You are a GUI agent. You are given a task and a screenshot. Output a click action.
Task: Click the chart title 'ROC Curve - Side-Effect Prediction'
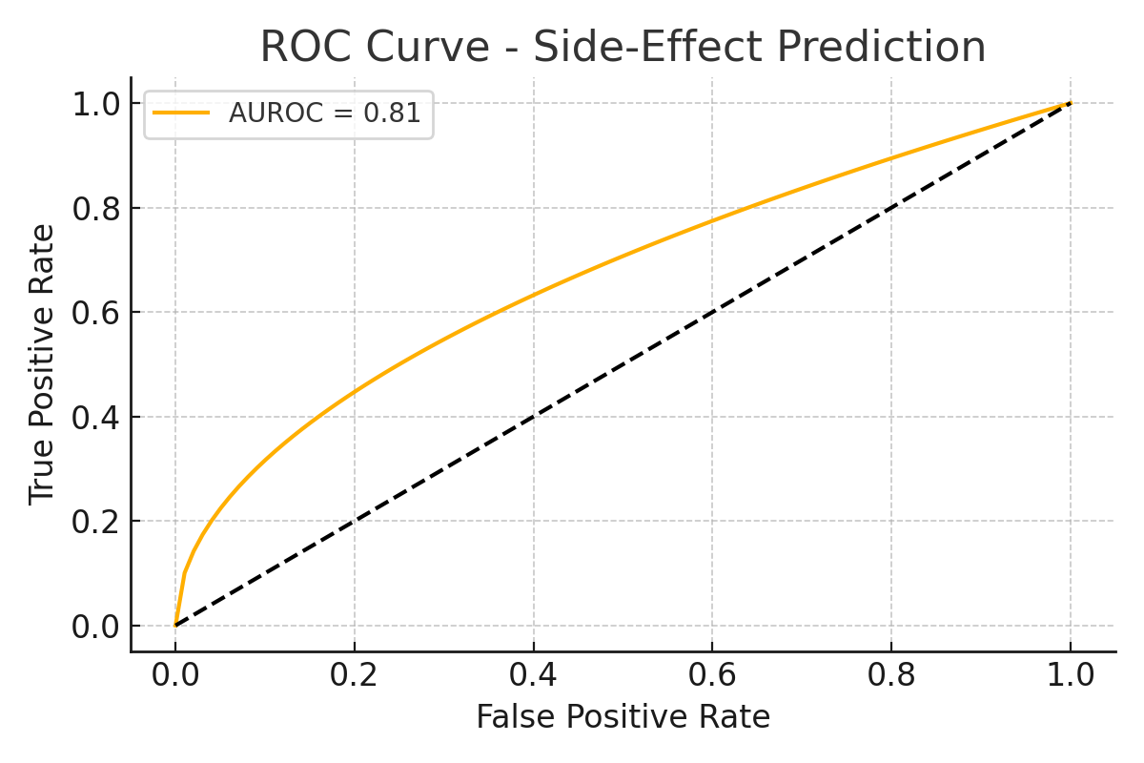point(623,47)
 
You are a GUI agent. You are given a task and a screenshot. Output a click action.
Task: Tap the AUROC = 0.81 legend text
point(324,113)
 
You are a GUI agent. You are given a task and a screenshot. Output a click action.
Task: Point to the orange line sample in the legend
point(182,113)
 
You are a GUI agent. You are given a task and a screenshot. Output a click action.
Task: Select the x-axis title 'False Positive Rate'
point(623,716)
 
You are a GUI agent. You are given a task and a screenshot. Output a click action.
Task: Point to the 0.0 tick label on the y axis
point(94,627)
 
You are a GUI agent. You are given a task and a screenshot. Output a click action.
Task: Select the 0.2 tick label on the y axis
point(94,522)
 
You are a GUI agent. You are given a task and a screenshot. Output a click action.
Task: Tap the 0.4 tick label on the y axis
point(94,417)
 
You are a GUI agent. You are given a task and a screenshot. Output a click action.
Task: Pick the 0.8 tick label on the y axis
point(94,208)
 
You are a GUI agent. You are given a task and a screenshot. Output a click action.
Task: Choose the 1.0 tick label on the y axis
point(94,103)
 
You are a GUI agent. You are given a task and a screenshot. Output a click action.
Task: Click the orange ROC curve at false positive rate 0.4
point(533,294)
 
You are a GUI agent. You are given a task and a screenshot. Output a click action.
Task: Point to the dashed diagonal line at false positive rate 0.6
point(712,312)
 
